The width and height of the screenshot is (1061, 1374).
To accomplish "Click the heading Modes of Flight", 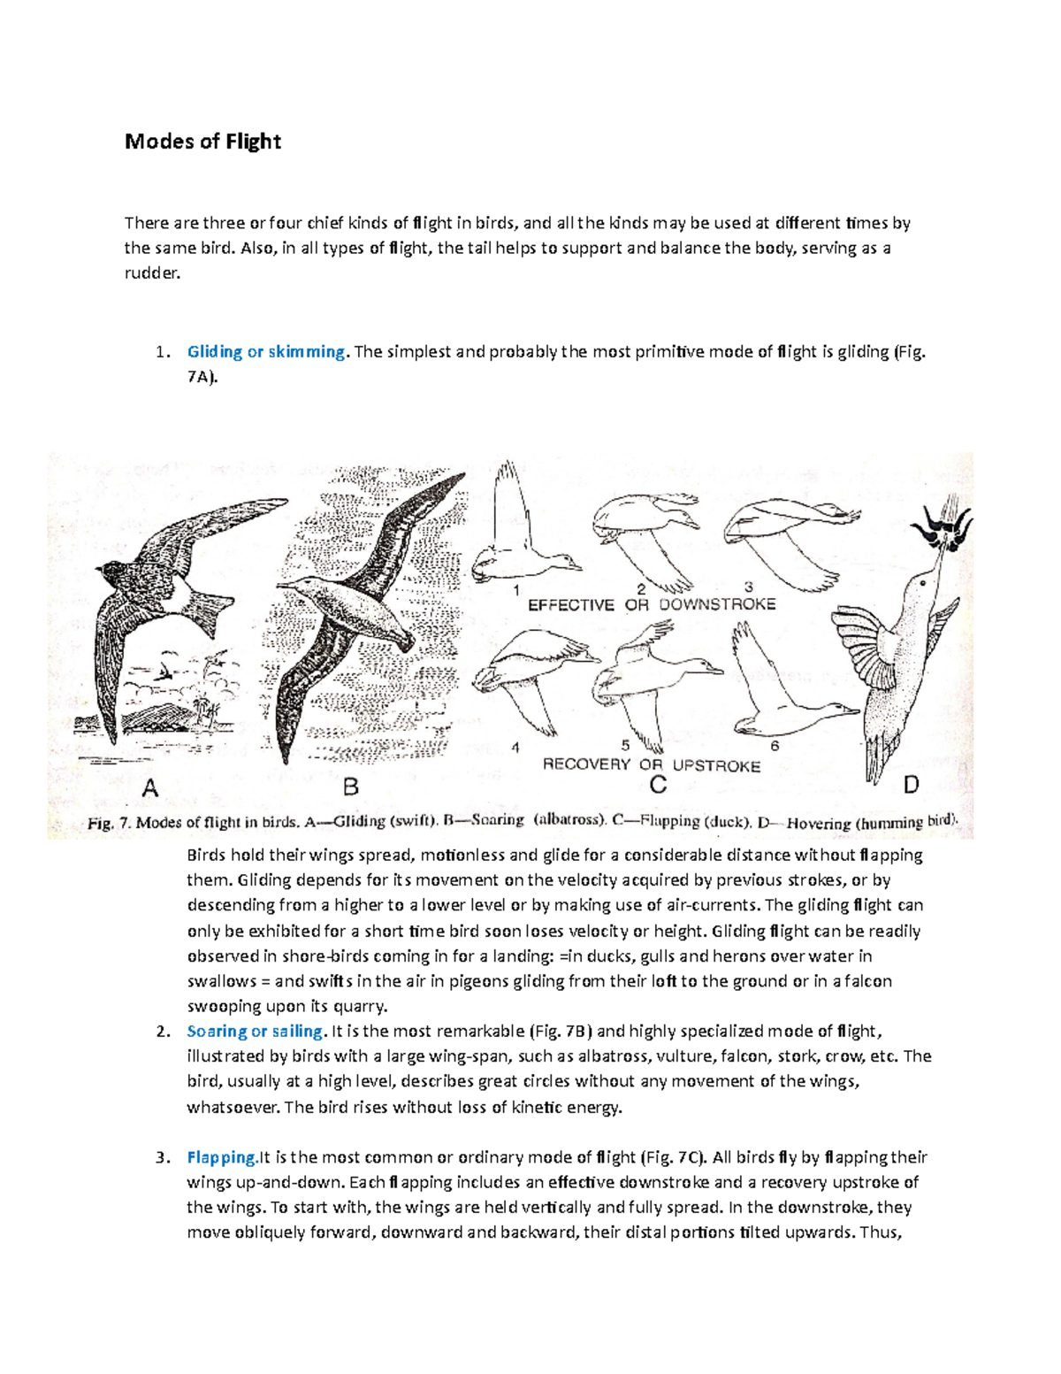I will coord(202,142).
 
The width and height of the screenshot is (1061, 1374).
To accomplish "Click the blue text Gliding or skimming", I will coord(265,351).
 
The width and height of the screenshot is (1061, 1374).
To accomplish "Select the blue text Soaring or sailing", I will coord(255,1031).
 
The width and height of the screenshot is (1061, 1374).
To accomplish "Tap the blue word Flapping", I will coord(221,1157).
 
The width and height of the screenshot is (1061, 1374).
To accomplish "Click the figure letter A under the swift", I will coord(150,787).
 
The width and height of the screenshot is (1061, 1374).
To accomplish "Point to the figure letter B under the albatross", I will coord(350,787).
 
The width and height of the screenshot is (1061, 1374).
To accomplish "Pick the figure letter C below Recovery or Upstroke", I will coord(658,785).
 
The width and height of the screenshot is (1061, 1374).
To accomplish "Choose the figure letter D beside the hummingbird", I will coord(911,784).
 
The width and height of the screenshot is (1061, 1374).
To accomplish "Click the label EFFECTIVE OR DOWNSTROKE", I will coord(652,605).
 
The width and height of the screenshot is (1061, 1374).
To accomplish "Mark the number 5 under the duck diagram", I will coord(625,745).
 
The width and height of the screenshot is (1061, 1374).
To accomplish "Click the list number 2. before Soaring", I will coord(162,1032).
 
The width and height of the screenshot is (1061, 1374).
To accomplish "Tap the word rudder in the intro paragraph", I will coord(151,273).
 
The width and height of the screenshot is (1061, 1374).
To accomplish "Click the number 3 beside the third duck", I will coord(749,587).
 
